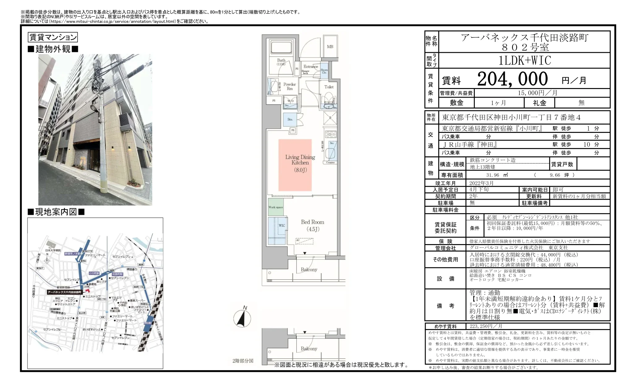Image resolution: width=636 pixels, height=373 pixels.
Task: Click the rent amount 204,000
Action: click(512, 79)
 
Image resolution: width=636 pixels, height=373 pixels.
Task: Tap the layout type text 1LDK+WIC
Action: click(525, 61)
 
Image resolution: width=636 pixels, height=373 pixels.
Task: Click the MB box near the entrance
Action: click(330, 47)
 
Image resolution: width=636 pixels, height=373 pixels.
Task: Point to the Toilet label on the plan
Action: click(329, 87)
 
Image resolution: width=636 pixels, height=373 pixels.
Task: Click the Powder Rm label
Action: click(290, 86)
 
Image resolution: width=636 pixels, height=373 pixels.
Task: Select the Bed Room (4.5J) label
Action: click(312, 225)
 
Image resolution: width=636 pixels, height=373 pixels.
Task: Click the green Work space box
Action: click(276, 207)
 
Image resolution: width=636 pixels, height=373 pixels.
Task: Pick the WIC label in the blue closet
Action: click(282, 225)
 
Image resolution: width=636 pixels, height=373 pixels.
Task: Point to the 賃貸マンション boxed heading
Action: click(53, 37)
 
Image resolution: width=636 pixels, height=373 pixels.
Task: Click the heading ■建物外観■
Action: click(53, 49)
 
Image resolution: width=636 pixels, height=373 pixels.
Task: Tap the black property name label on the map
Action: click(64, 292)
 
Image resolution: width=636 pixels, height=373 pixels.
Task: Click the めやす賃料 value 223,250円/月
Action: click(486, 326)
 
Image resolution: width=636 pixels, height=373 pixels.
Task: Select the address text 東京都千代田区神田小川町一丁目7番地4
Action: click(511, 118)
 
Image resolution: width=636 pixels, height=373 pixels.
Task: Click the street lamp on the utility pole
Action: click(94, 108)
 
